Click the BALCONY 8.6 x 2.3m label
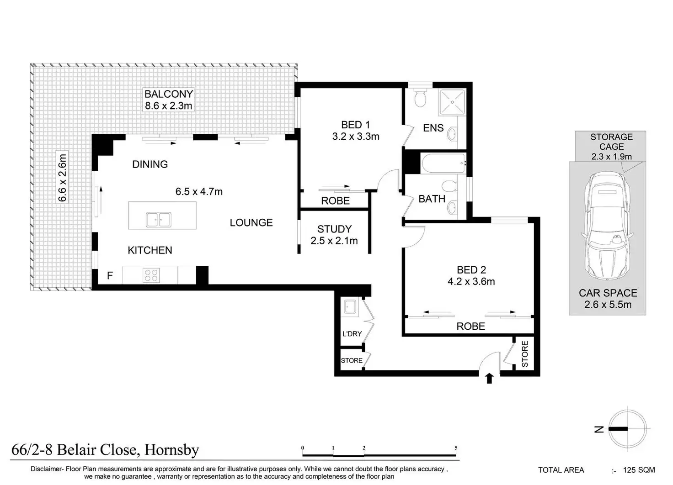(x=169, y=100)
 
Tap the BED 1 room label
(x=355, y=125)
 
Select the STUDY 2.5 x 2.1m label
(x=334, y=235)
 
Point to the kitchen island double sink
(x=159, y=219)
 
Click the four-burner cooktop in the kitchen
(x=151, y=275)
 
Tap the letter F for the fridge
(x=110, y=275)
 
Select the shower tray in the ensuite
(x=452, y=102)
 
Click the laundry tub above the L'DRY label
(x=350, y=307)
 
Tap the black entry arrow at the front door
(x=489, y=379)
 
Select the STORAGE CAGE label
(x=611, y=142)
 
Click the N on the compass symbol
(x=599, y=429)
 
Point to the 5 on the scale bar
(x=456, y=448)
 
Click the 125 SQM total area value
(x=639, y=470)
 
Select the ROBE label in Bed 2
(x=470, y=326)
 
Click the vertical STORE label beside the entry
(x=524, y=354)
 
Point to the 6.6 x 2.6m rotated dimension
(x=62, y=178)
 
